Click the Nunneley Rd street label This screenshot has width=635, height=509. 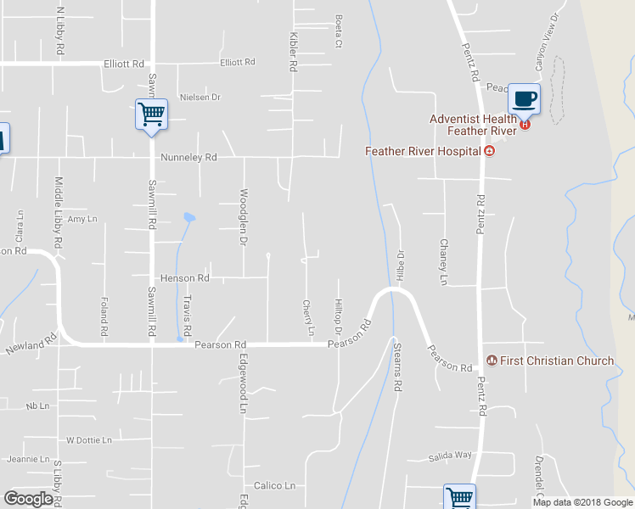tap(188, 158)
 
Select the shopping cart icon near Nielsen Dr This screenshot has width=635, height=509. tap(151, 114)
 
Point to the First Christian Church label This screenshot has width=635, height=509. tap(556, 361)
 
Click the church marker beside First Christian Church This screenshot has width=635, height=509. tap(490, 361)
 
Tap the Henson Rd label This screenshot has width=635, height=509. tap(184, 278)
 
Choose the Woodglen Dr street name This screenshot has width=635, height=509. tap(243, 217)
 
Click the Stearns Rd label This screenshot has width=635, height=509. tap(396, 366)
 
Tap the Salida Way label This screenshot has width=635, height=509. tap(450, 456)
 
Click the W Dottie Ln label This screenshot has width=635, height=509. tap(89, 441)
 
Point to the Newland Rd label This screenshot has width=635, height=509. tap(31, 344)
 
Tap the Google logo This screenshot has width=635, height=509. tap(28, 499)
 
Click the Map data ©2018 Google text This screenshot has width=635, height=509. tap(582, 502)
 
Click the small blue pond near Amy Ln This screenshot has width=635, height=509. tap(188, 217)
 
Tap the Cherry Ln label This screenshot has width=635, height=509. tap(308, 316)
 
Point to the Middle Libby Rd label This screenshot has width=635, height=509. tap(58, 224)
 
